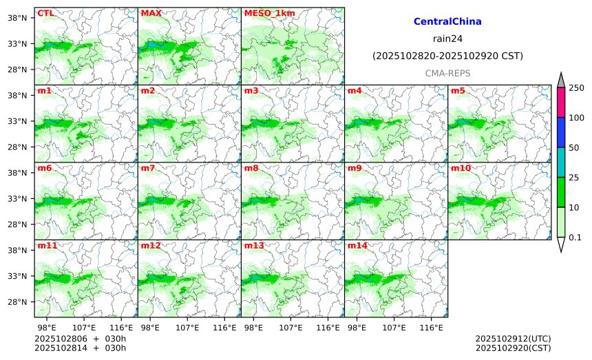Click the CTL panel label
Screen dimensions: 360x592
[45, 13]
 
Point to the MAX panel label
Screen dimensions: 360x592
[151, 13]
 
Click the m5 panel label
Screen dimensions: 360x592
[458, 91]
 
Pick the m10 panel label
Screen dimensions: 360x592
[461, 168]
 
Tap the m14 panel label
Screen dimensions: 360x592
[357, 246]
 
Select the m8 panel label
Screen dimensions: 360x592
[251, 168]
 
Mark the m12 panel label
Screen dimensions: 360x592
[151, 246]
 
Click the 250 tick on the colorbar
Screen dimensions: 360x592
[576, 87]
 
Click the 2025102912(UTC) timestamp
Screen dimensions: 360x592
[513, 339]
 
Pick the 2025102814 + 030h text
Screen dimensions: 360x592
[81, 348]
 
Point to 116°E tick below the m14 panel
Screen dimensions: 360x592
[432, 327]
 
